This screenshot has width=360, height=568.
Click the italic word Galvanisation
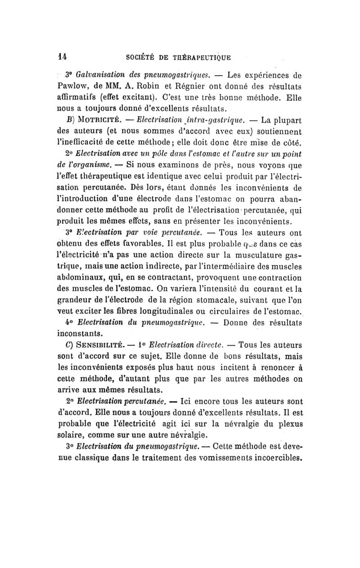click(x=100, y=74)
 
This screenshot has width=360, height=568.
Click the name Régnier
click(x=182, y=86)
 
